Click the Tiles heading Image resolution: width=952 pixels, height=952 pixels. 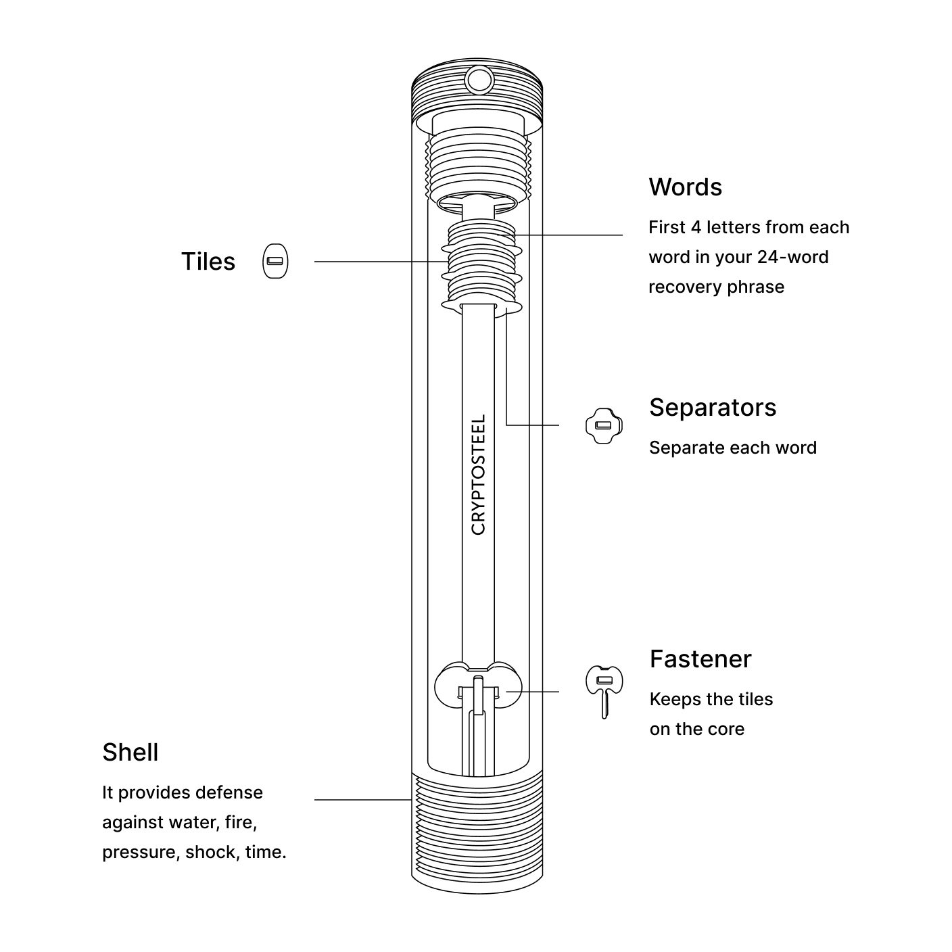point(208,262)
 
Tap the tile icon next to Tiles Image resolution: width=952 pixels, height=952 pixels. point(275,261)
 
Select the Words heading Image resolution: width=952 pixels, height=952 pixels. point(685,187)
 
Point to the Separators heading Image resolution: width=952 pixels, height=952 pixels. point(713,408)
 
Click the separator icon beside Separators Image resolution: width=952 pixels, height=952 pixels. point(603,425)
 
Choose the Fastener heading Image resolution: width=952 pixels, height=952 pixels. point(700,659)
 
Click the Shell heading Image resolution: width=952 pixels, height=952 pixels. point(130,753)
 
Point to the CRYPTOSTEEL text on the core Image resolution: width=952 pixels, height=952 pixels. point(479,475)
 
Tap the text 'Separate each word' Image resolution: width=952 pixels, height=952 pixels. point(733,448)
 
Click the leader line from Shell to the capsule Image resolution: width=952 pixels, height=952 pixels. point(362,800)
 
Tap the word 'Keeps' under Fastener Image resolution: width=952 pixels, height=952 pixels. point(671,699)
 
